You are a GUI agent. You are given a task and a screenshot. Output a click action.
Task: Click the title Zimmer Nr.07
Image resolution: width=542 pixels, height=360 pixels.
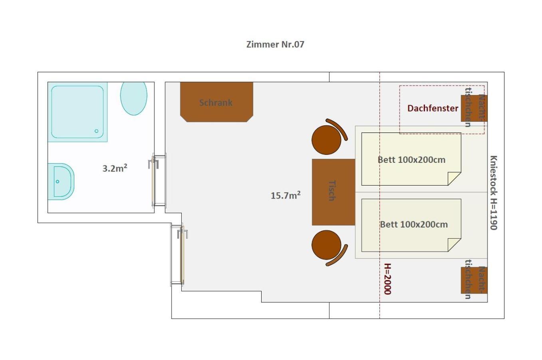click(275, 44)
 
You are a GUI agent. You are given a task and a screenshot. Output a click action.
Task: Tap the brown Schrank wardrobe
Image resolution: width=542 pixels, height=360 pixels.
click(216, 102)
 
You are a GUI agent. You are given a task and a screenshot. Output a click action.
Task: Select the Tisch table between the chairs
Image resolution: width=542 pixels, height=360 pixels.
click(334, 192)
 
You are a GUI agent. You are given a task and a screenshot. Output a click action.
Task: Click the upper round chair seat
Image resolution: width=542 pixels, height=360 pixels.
click(326, 140)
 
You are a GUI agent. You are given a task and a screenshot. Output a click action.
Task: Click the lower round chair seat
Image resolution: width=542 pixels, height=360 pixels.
click(326, 245)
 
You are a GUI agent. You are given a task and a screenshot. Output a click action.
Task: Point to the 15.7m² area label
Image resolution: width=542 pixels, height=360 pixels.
click(286, 195)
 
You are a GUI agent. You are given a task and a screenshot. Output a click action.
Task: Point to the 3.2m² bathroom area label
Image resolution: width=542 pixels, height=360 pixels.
click(115, 168)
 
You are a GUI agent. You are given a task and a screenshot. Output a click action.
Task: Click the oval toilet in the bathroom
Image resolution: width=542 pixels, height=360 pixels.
click(134, 98)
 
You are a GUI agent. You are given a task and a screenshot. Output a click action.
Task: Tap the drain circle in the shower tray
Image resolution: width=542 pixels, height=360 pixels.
click(97, 131)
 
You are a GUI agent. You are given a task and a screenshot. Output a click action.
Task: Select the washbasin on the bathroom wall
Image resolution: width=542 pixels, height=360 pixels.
click(61, 182)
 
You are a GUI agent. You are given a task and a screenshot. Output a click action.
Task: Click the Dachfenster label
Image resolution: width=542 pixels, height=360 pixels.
click(433, 108)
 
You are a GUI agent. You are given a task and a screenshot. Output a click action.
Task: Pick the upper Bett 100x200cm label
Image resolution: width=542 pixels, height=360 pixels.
click(411, 160)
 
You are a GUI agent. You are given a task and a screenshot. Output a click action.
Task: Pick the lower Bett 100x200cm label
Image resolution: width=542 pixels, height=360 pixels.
click(414, 224)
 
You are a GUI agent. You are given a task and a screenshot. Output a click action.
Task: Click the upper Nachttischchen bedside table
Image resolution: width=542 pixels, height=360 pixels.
click(474, 108)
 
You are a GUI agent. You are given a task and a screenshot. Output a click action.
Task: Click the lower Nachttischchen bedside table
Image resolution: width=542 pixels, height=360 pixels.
click(474, 280)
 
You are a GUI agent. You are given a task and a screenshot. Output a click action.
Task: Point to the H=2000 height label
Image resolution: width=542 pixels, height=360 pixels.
click(387, 279)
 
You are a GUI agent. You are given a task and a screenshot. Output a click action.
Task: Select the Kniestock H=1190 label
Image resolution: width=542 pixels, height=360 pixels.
click(494, 193)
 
